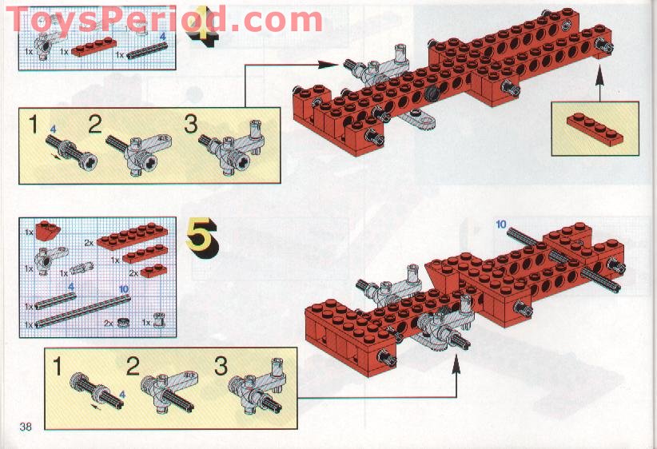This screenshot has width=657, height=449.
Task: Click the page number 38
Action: click(26, 427)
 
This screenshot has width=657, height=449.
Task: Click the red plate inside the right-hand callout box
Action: click(595, 129)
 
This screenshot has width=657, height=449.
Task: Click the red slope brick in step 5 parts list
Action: click(48, 230)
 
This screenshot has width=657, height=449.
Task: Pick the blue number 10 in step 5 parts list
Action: click(124, 288)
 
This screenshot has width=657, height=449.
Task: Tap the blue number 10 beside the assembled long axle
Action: click(501, 224)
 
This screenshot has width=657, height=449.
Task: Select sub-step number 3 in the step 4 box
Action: click(191, 125)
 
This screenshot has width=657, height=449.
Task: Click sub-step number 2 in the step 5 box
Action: click(133, 366)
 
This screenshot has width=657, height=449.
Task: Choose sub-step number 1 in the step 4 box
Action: click(34, 125)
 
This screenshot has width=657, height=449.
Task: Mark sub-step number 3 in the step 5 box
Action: click(221, 366)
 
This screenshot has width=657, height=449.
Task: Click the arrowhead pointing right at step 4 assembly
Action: click(328, 65)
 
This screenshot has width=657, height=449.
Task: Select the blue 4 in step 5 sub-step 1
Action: click(122, 394)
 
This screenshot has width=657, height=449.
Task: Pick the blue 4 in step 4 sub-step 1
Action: click(53, 129)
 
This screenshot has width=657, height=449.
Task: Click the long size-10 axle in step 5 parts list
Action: click(82, 311)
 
